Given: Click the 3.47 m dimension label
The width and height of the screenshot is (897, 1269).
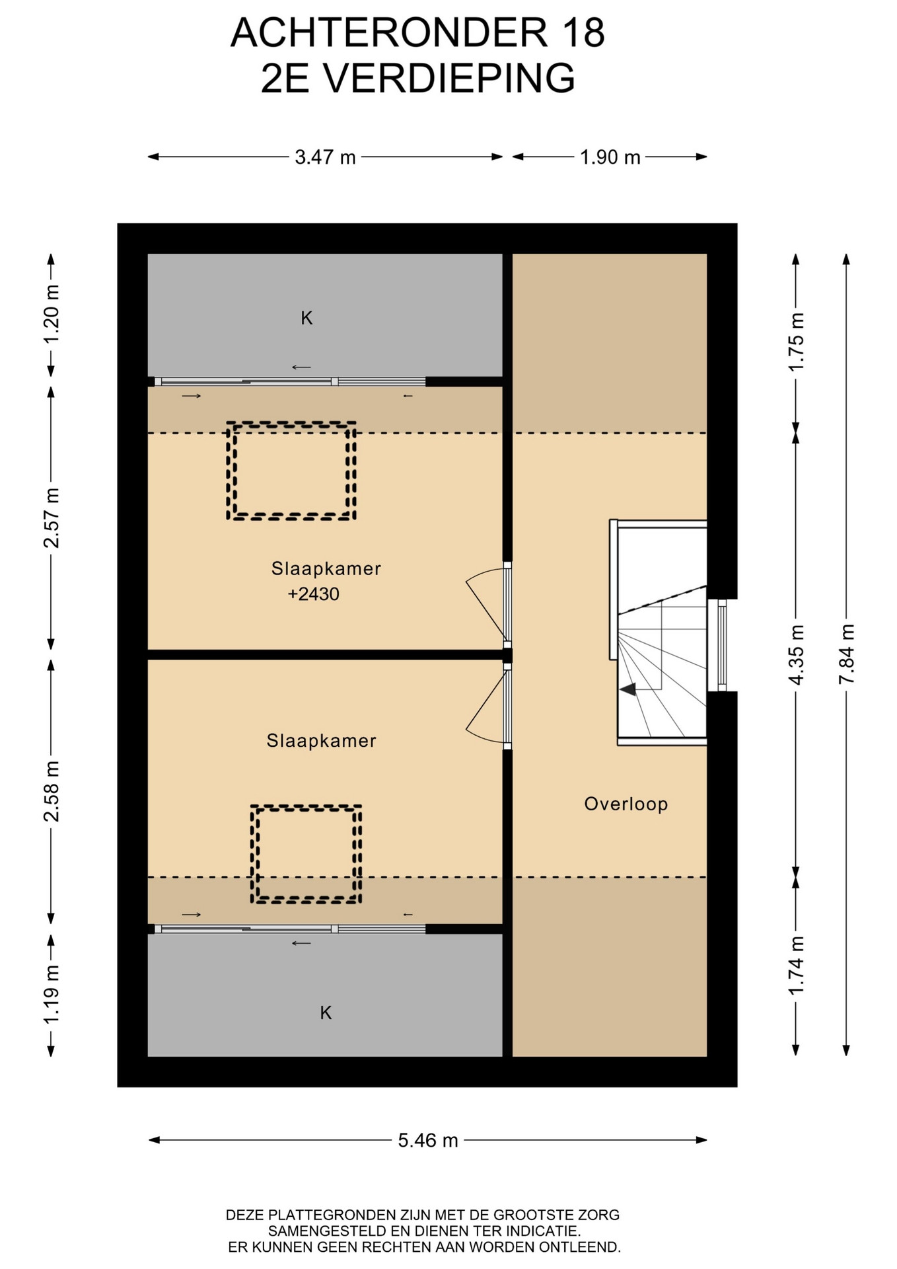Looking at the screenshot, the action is pyautogui.click(x=325, y=157).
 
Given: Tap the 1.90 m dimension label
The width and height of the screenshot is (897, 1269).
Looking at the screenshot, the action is pyautogui.click(x=610, y=157).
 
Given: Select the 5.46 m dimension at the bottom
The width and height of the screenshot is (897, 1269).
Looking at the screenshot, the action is pyautogui.click(x=428, y=1140).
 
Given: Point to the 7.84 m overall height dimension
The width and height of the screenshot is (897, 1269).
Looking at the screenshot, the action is pyautogui.click(x=847, y=654).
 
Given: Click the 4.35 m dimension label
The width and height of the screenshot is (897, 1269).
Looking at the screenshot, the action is pyautogui.click(x=797, y=654).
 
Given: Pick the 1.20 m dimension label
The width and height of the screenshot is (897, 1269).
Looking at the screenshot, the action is pyautogui.click(x=52, y=313).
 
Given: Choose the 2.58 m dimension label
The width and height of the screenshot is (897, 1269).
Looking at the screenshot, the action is pyautogui.click(x=52, y=791).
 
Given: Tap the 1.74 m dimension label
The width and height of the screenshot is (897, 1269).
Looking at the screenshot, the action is pyautogui.click(x=797, y=965).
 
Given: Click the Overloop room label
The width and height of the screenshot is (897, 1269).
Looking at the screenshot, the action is pyautogui.click(x=626, y=804).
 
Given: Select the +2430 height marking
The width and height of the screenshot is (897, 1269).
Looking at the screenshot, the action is pyautogui.click(x=314, y=594).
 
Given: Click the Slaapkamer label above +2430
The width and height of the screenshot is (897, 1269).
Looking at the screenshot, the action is pyautogui.click(x=326, y=568).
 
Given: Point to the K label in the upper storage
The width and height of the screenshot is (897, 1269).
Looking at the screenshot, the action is pyautogui.click(x=306, y=319).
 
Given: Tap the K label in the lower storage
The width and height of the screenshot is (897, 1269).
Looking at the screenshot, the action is pyautogui.click(x=326, y=1013).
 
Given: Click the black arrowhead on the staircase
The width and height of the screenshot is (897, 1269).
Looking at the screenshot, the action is pyautogui.click(x=628, y=689).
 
